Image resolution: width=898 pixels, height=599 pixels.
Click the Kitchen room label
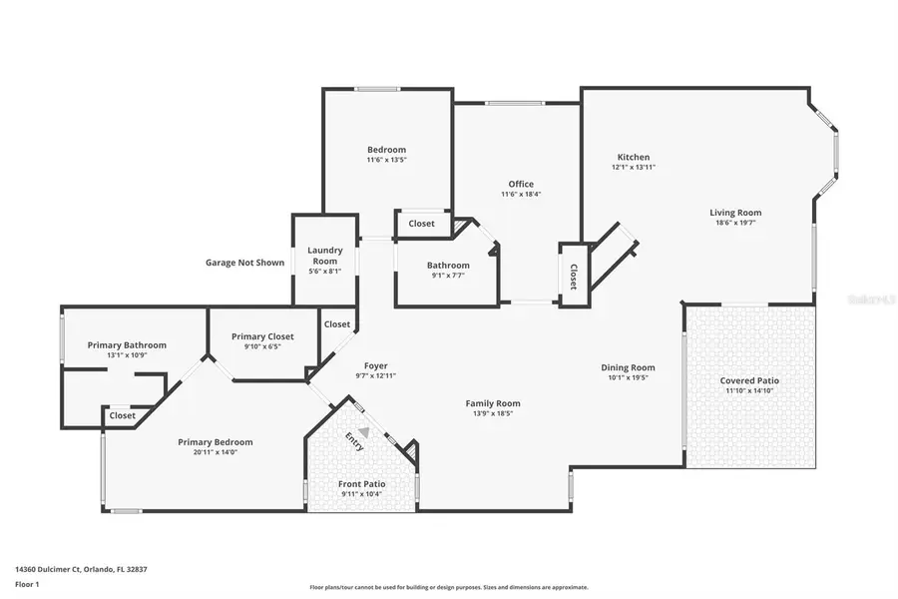634,157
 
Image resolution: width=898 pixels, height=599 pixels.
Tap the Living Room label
735,212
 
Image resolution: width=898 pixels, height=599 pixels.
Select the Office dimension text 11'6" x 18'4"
521,194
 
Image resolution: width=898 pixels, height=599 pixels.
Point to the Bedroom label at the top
386,149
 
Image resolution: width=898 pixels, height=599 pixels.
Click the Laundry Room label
324,256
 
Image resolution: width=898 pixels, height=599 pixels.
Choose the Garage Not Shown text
244,263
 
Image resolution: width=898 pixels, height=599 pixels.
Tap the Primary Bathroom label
127,344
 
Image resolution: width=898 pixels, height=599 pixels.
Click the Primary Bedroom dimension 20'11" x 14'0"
215,452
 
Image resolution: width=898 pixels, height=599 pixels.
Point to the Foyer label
375,365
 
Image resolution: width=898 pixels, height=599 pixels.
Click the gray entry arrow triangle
364,432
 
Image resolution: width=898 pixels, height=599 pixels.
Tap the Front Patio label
361,483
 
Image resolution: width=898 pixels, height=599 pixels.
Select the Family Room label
493,403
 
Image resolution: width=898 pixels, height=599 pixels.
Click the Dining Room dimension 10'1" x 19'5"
628,377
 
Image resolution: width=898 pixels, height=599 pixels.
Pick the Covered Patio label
749,380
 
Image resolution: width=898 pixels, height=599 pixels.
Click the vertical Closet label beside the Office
573,276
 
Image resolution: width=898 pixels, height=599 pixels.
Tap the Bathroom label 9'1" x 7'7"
448,265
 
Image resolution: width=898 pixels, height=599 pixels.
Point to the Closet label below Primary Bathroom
123,415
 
